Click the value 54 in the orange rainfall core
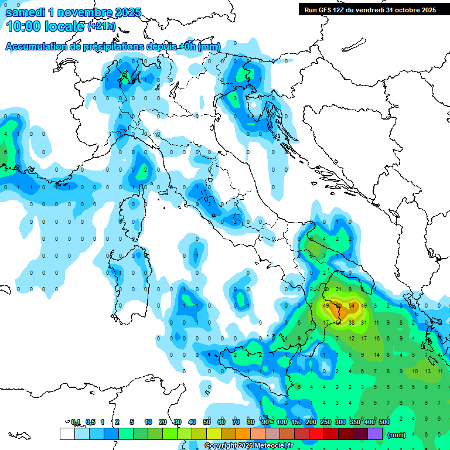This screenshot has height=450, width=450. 352,306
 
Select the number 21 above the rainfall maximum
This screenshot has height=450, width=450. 339,289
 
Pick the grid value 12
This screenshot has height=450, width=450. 352,339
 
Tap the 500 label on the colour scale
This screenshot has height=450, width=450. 384,422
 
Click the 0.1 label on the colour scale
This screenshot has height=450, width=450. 76,422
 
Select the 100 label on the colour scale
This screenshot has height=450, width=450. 282,422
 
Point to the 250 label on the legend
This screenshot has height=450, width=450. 326,422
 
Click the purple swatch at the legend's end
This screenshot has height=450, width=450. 375,434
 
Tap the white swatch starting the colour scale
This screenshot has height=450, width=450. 67,434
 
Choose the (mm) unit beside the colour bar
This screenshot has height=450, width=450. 397,435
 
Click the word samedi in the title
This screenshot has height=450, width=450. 27,12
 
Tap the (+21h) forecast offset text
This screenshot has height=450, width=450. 101,27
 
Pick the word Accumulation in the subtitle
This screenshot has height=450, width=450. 36,46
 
